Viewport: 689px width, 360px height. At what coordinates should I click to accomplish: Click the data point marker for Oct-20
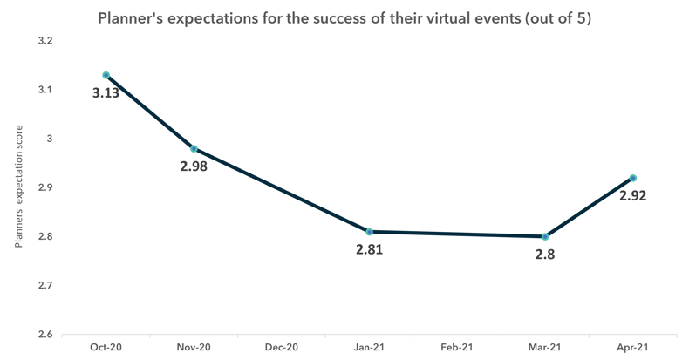[x=106, y=75]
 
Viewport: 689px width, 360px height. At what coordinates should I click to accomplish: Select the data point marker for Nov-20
[x=194, y=149]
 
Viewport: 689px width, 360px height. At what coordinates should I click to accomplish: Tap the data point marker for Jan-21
[x=369, y=232]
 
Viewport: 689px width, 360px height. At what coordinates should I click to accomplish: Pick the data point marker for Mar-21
[x=545, y=236]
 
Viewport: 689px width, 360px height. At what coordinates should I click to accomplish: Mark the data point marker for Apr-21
[x=632, y=178]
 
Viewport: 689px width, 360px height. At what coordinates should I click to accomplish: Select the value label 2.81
[x=369, y=249]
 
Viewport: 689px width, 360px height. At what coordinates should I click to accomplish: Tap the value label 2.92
[x=633, y=195]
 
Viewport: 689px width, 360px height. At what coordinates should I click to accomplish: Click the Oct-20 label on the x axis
[x=106, y=347]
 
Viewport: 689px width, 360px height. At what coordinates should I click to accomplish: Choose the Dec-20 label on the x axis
[x=281, y=347]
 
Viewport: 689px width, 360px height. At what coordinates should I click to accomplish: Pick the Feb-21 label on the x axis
[x=457, y=347]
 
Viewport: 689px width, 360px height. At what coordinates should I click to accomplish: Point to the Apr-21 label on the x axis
[x=632, y=347]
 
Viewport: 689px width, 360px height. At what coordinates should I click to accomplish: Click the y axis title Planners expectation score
[x=18, y=187]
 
